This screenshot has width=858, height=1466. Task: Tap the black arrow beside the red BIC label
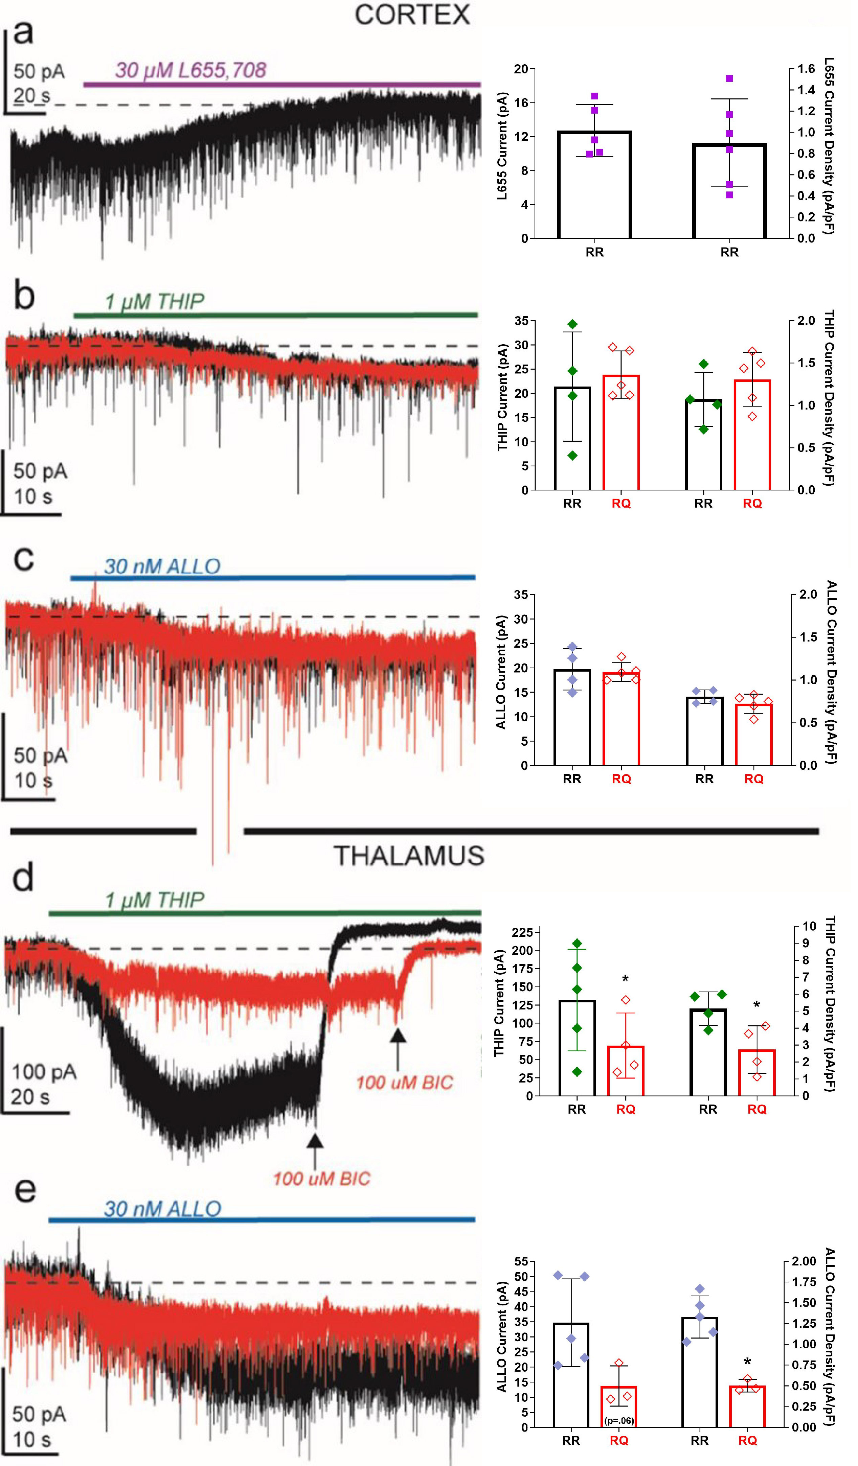[398, 1049]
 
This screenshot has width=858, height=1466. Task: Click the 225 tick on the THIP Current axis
[522, 933]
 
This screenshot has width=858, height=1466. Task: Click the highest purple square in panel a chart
[729, 78]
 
